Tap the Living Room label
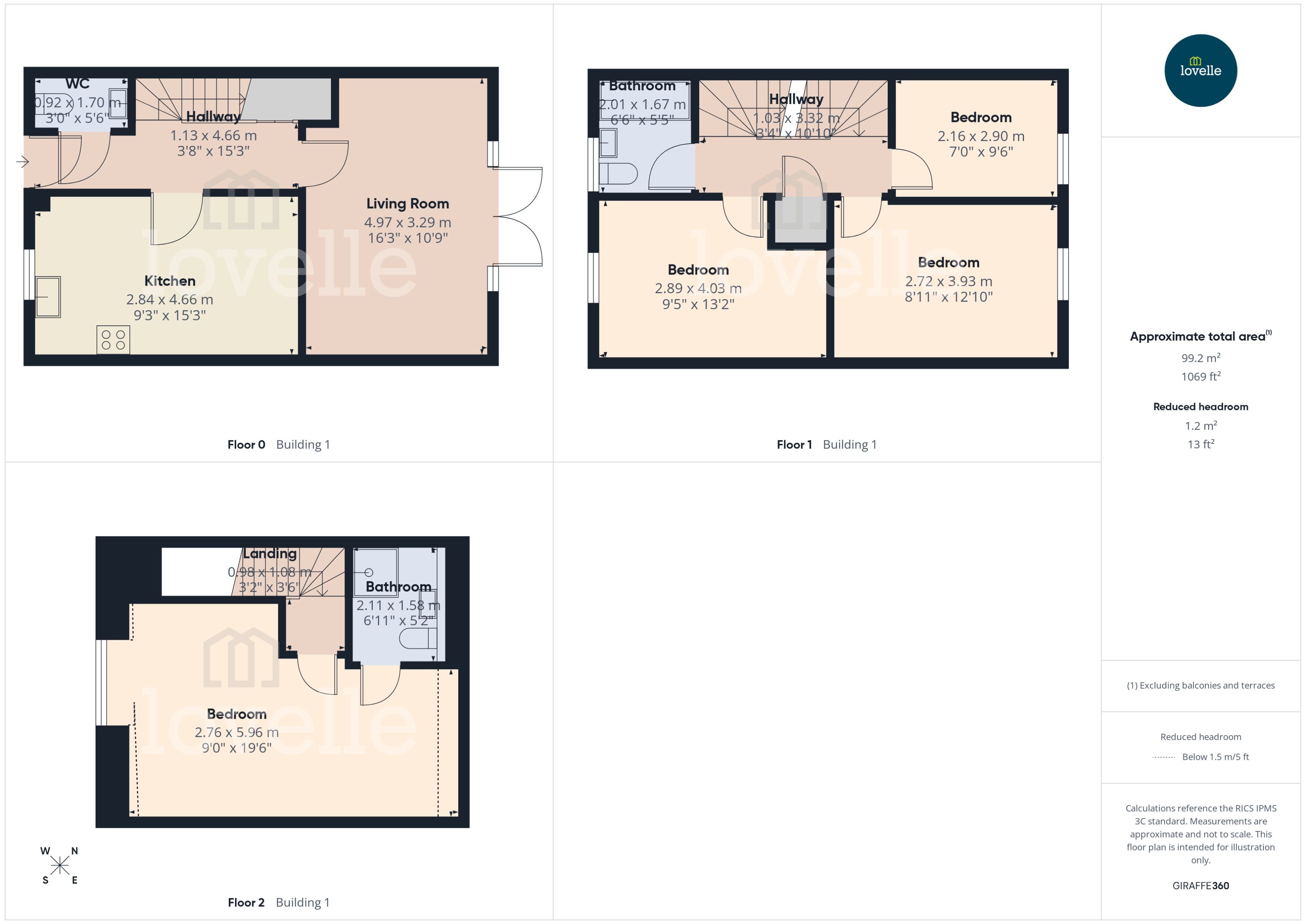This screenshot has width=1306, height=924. click(407, 203)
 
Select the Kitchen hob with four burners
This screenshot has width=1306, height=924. click(113, 340)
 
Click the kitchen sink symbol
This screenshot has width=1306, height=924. click(49, 297)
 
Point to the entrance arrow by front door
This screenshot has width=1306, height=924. click(22, 162)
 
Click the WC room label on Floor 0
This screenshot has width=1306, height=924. click(77, 84)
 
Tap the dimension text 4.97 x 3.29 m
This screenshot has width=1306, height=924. click(407, 222)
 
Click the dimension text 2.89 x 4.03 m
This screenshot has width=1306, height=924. click(698, 288)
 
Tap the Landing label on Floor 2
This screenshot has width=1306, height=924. click(270, 553)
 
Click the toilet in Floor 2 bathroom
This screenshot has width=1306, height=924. click(418, 639)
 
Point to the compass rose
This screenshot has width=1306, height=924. click(59, 865)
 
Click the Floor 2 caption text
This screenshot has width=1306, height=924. click(246, 902)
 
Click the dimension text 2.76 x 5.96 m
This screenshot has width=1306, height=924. click(237, 732)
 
